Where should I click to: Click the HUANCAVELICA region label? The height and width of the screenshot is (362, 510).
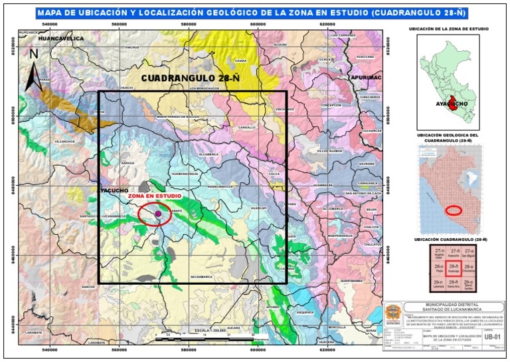click(x=61, y=39)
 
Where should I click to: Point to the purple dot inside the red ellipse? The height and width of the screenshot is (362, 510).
click(x=158, y=214)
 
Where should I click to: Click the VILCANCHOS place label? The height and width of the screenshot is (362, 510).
click(x=65, y=142)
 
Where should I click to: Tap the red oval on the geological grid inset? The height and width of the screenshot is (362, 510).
click(x=454, y=210)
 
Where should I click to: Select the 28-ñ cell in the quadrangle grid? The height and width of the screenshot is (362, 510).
click(x=454, y=269)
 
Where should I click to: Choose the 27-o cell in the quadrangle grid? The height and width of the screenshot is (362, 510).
click(x=469, y=253)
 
